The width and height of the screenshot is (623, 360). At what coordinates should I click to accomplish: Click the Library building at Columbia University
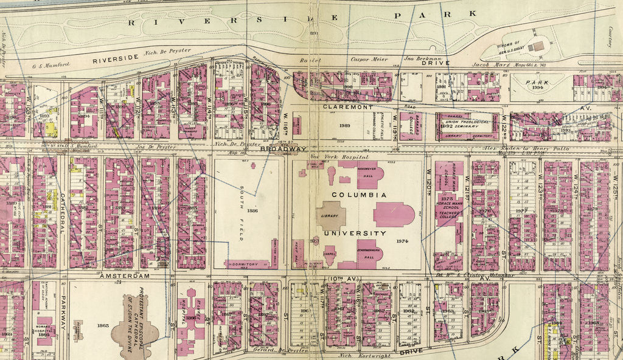pyautogui.click(x=330, y=215)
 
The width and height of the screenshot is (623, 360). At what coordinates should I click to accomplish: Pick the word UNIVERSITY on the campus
pyautogui.click(x=359, y=233)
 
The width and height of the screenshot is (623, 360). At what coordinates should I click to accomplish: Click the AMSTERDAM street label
pyautogui.click(x=116, y=275)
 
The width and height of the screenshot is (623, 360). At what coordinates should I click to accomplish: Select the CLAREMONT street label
pyautogui.click(x=347, y=106)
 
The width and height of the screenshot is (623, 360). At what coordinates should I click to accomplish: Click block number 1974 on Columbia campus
pyautogui.click(x=402, y=241)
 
